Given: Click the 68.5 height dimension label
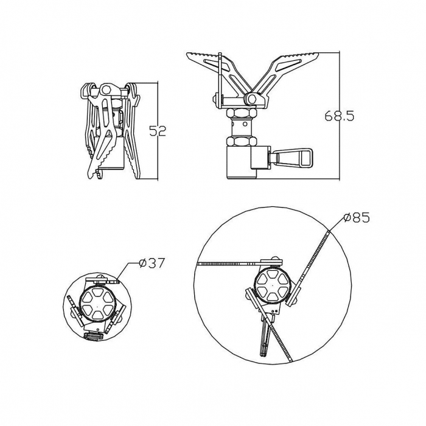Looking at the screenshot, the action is tap(340, 116).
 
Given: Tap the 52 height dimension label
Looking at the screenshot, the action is tap(158, 131).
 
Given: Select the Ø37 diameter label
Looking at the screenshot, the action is tap(152, 263).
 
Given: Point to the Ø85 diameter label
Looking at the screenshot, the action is tap(357, 218).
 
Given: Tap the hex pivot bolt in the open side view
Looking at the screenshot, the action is tap(252, 99).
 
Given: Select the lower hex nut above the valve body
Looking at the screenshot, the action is tap(242, 141).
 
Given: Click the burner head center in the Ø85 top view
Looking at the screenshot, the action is tap(271, 285).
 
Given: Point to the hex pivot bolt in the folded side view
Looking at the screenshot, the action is tap(106, 89).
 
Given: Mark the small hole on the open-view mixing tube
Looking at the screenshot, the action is tap(245, 124).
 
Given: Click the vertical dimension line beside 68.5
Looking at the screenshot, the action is tap(340, 116).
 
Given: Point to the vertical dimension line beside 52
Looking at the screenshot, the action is tap(158, 131).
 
